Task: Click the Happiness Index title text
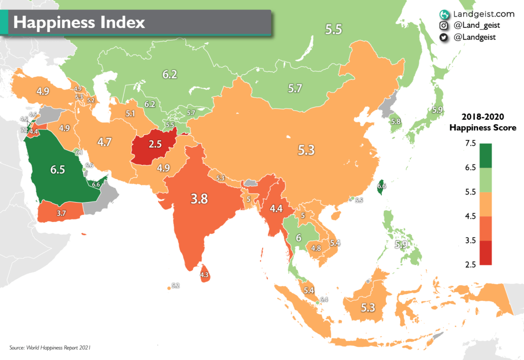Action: pos(79,22)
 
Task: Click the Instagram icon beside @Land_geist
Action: pos(444,26)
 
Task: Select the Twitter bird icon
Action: pos(444,37)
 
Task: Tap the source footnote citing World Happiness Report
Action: pos(50,348)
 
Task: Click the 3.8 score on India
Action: pos(199,199)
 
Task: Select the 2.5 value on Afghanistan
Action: pos(155,144)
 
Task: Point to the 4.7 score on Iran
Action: pos(104,142)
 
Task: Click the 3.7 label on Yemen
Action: pos(61,212)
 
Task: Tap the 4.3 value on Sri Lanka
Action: pos(205,275)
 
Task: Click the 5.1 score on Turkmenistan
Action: pos(130,114)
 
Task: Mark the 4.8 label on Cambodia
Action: pos(316,249)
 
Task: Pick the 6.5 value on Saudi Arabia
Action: pos(57,170)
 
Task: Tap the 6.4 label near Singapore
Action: pos(323,299)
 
